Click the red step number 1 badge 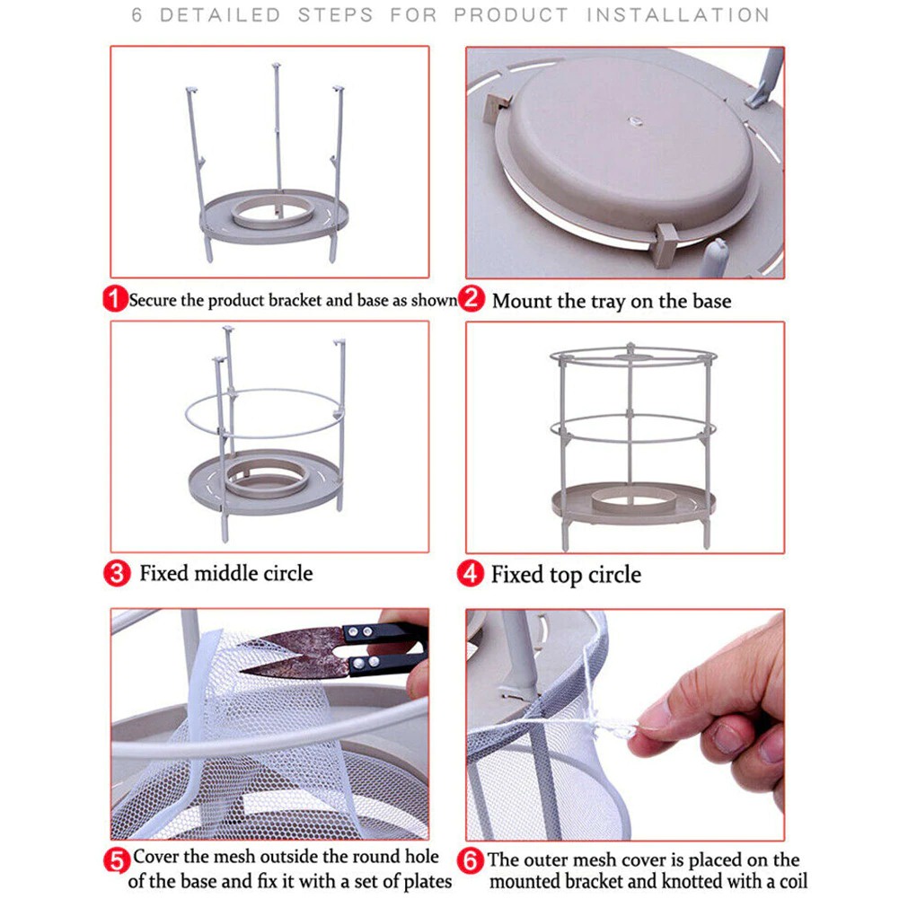pos(115,299)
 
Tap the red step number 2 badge pos(472,298)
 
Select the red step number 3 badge pos(117,573)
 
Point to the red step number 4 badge pos(470,573)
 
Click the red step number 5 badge pos(117,861)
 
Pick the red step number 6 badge pos(470,860)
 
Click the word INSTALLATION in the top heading pos(678,15)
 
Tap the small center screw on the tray pos(634,121)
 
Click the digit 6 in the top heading pos(137,15)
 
